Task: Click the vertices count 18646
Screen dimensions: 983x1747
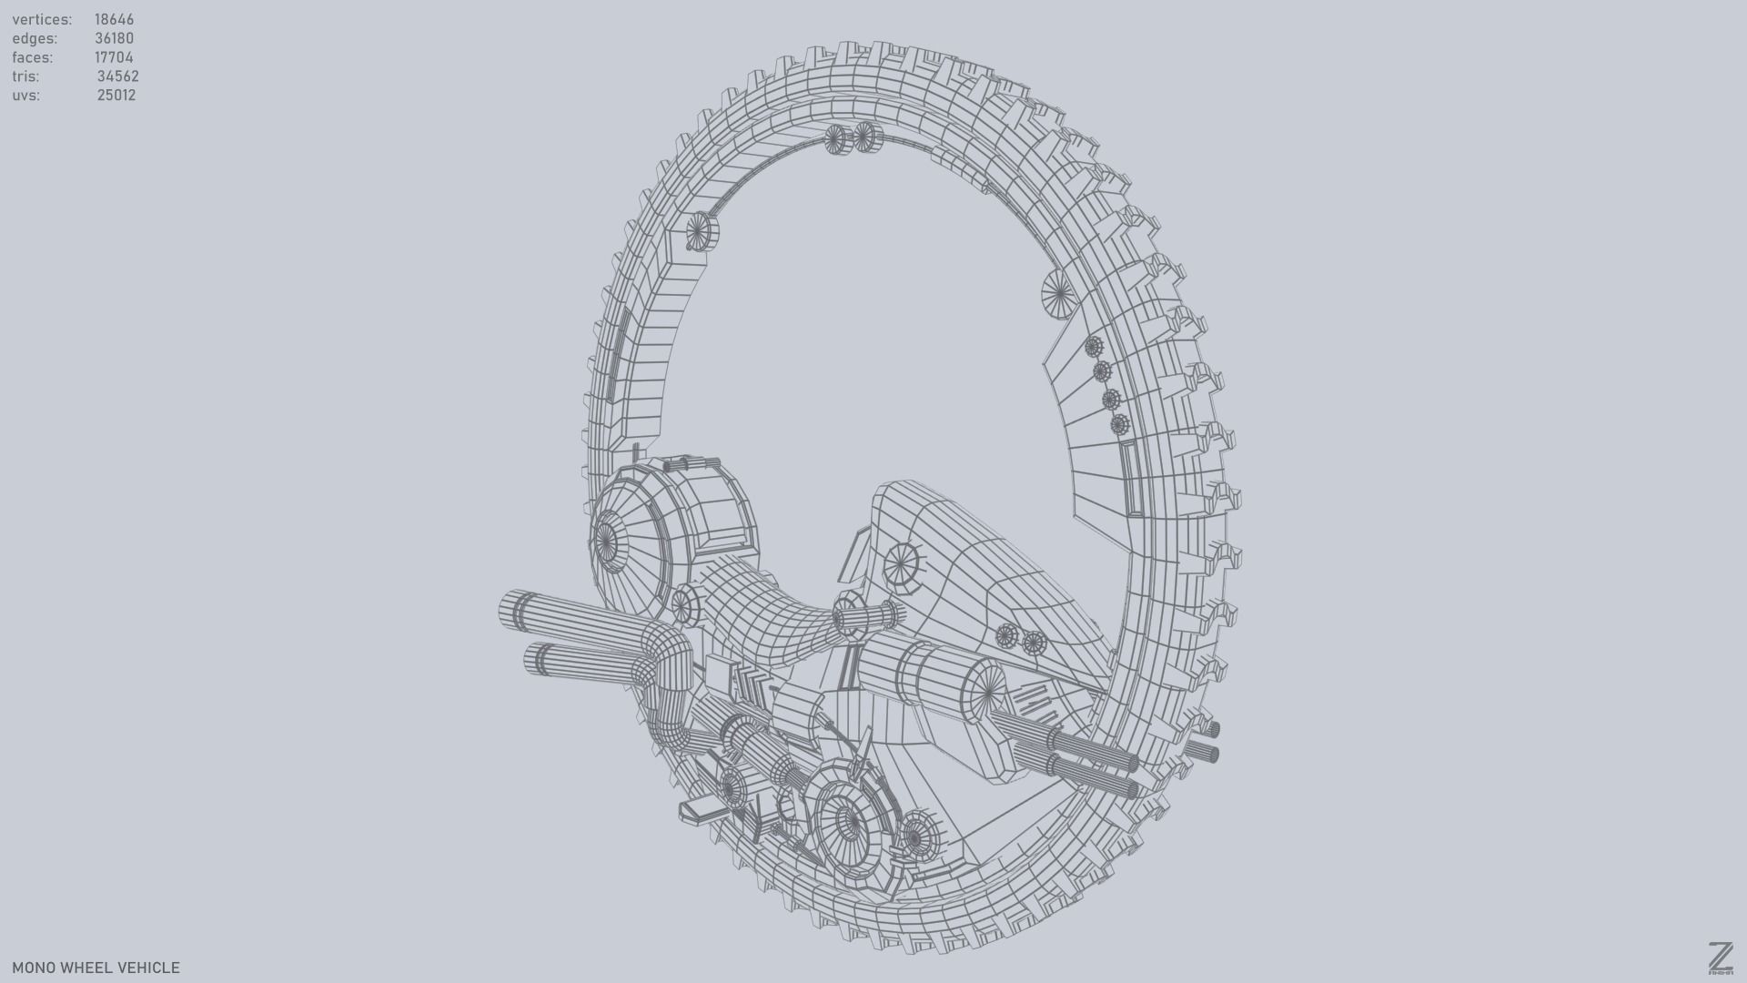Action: (x=114, y=19)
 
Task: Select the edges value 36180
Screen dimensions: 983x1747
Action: (x=114, y=38)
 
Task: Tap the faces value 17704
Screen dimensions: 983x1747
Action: (x=114, y=57)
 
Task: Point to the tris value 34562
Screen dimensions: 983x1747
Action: (x=117, y=76)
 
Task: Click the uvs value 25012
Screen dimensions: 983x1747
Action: (x=116, y=96)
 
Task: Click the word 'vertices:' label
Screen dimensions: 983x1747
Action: (x=42, y=19)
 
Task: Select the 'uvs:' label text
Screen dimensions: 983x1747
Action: (x=25, y=96)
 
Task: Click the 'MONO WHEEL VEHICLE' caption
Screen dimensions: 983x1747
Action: (x=96, y=968)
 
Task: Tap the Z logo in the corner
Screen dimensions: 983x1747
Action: (x=1720, y=958)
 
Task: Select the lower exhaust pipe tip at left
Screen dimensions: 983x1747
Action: (x=535, y=659)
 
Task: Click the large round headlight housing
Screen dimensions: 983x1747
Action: (x=608, y=543)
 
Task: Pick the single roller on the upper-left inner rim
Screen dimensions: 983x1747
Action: (x=702, y=231)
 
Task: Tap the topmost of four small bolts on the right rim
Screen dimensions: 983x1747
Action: (x=1094, y=347)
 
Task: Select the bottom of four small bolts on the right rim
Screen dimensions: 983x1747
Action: (x=1119, y=424)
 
